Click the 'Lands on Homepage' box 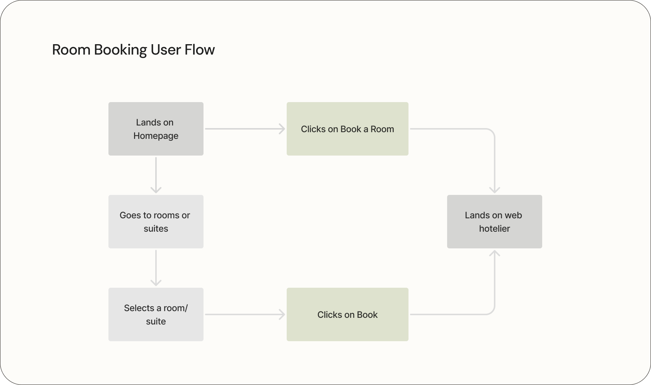pos(156,129)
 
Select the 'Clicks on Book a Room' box pos(347,129)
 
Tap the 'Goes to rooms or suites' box pos(156,222)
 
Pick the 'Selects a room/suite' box pos(156,314)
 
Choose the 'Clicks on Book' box pos(347,314)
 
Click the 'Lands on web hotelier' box pos(494,222)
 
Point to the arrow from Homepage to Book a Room pos(245,129)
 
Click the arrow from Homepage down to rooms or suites pos(156,175)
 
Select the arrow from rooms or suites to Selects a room pos(156,268)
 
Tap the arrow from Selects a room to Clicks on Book pos(245,314)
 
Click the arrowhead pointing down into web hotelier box pos(494,190)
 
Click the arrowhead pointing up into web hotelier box pos(494,254)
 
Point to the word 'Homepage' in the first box pos(156,136)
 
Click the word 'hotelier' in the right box pos(494,229)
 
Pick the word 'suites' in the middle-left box pos(156,229)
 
